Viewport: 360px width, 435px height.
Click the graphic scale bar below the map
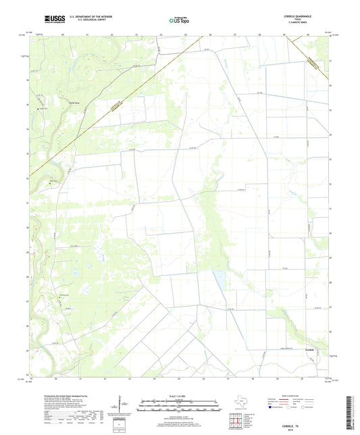pyautogui.click(x=180, y=407)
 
